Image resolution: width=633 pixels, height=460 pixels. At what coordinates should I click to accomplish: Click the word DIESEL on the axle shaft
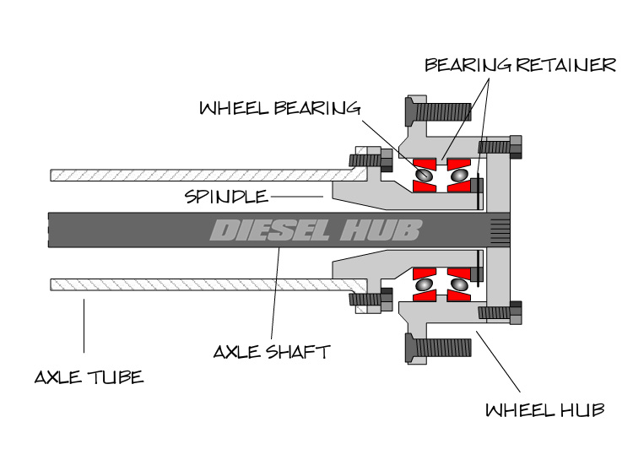[269, 230]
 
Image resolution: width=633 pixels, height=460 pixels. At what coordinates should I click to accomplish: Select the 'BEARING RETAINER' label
[521, 65]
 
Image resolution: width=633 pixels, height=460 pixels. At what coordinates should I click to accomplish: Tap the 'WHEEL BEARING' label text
[279, 108]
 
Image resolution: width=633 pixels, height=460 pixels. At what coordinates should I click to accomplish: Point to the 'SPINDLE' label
[225, 197]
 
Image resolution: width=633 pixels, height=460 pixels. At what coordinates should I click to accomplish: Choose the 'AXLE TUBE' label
[89, 376]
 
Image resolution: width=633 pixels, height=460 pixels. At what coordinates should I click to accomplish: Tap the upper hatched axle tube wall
[194, 175]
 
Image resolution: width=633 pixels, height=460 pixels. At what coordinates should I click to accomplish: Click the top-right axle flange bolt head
[517, 146]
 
